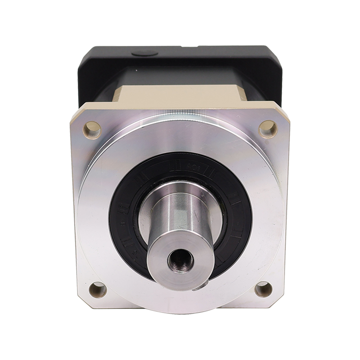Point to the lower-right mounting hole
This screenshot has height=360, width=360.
click(264, 288)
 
